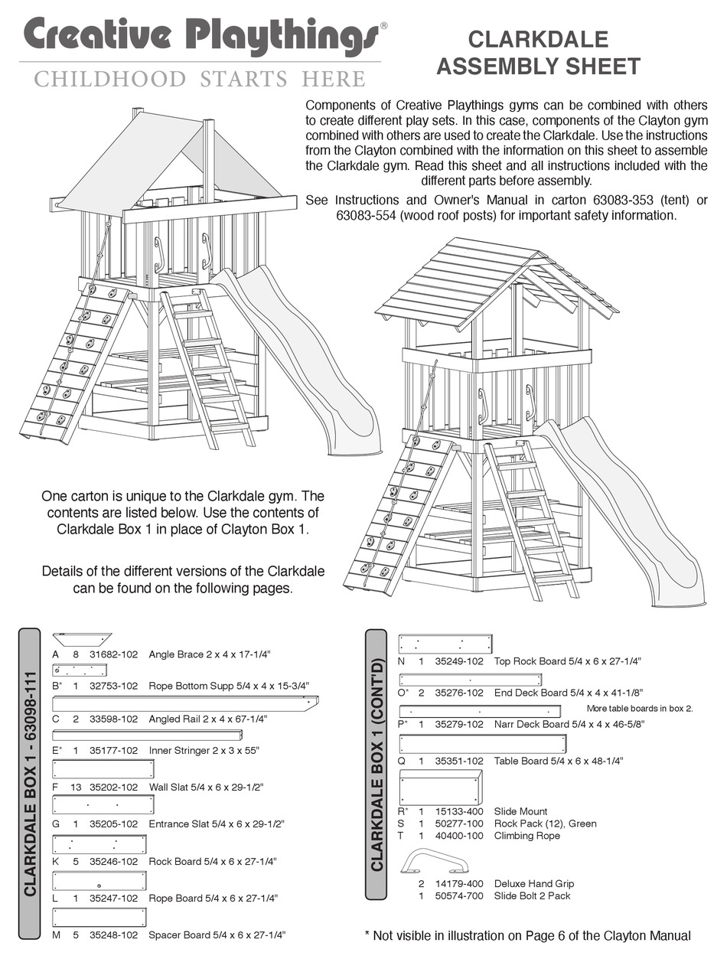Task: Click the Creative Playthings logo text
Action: coord(200,38)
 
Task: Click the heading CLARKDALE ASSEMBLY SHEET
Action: coord(538,53)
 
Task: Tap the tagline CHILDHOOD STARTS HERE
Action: coord(199,79)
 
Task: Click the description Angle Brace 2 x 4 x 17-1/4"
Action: coord(210,654)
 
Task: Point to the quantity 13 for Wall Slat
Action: coord(76,786)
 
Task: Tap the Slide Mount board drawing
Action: coord(440,788)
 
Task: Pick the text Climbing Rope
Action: coord(527,836)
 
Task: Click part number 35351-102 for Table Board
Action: coord(459,761)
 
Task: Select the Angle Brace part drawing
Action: coord(82,639)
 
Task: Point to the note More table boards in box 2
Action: coord(639,709)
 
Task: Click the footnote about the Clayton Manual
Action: coord(527,935)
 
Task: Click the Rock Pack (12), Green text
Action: coord(545,824)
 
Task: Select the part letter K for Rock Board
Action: coord(55,861)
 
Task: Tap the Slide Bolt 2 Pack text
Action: coord(532,895)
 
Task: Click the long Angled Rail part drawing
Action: coord(185,703)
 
